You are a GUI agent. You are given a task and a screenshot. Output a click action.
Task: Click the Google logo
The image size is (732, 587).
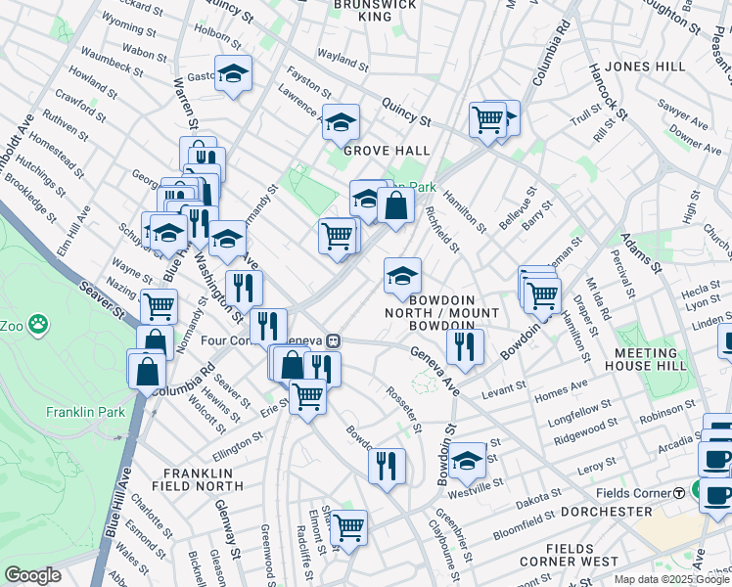click(x=32, y=575)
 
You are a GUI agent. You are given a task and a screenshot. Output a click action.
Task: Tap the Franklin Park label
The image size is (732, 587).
click(x=85, y=412)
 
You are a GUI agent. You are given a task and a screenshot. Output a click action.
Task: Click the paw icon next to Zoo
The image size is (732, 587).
click(x=38, y=322)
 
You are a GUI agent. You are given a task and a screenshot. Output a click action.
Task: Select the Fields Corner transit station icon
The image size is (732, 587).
click(x=679, y=492)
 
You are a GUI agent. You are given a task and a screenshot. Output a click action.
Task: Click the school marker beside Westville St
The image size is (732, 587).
click(x=468, y=458)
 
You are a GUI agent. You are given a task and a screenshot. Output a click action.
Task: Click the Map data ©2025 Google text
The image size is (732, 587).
click(x=671, y=579)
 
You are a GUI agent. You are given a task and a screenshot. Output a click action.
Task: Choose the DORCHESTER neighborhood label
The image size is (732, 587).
click(x=607, y=512)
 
